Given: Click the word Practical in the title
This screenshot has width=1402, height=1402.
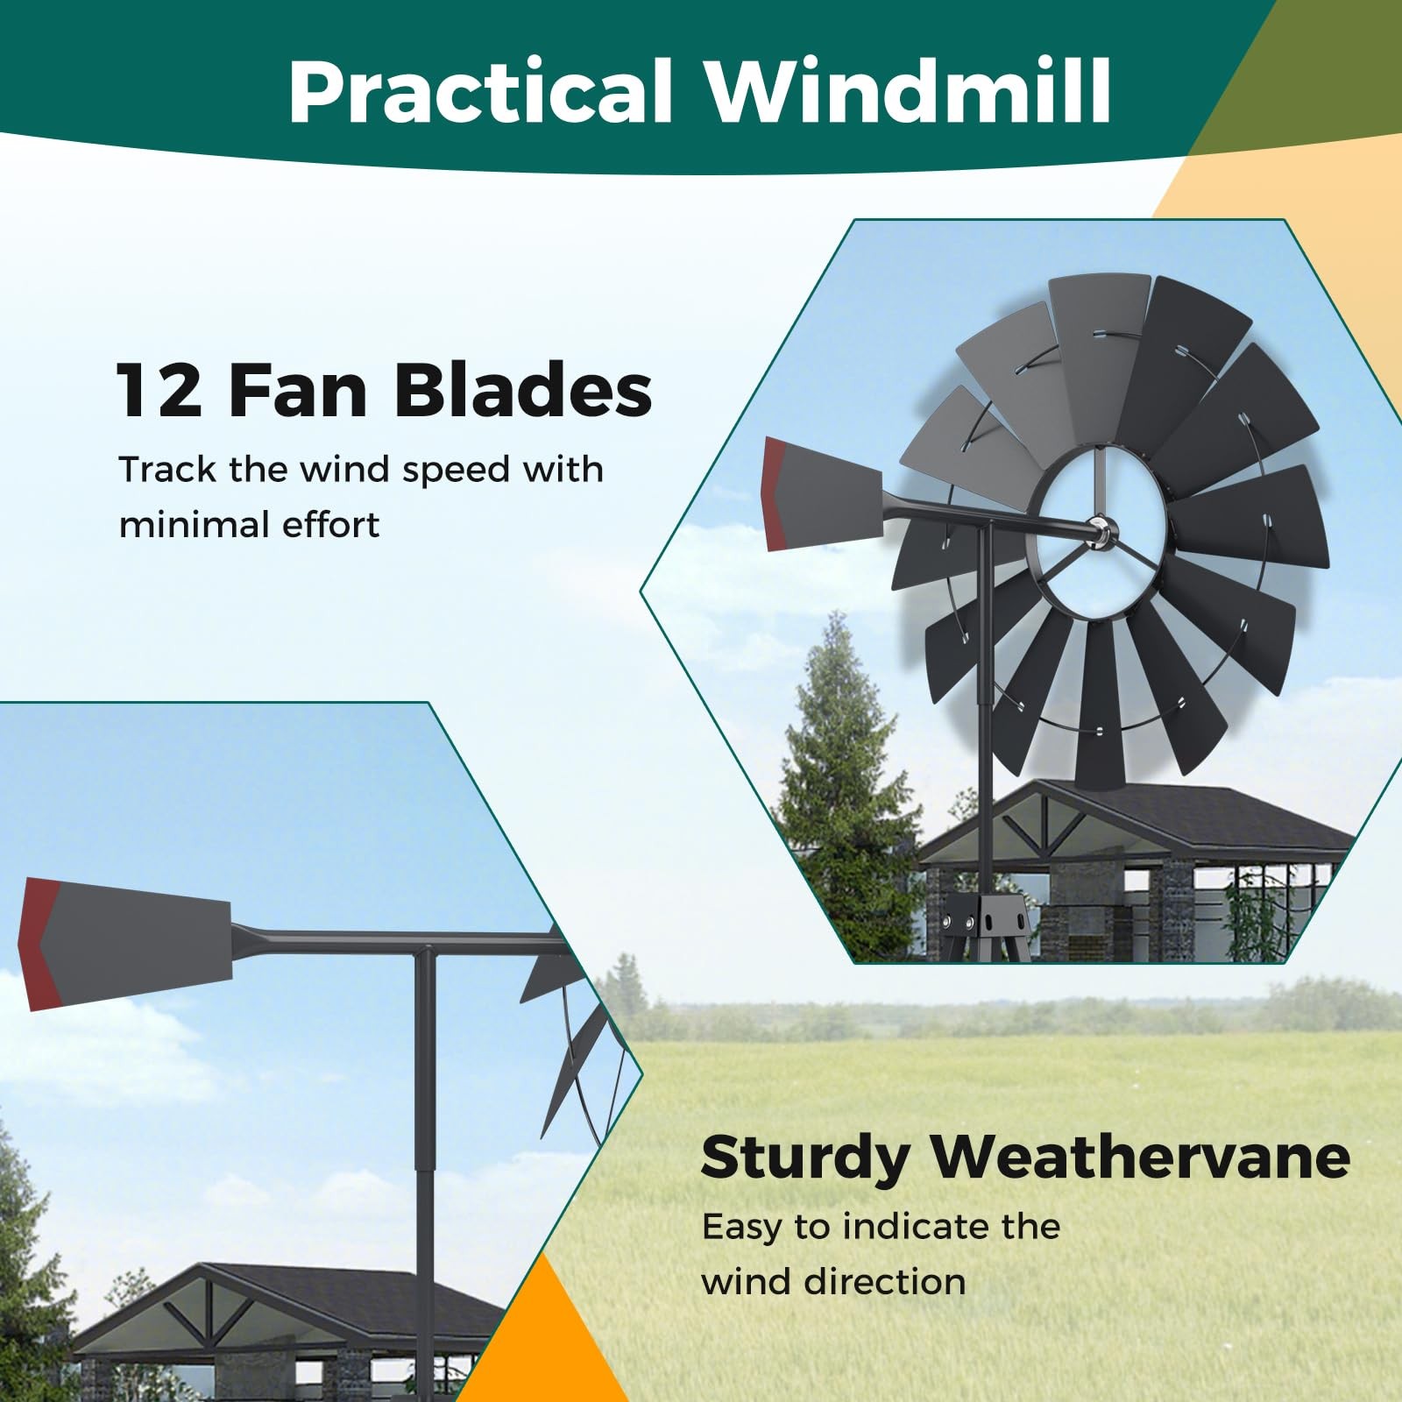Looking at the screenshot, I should tap(480, 92).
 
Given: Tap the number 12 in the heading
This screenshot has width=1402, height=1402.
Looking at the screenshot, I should tap(159, 390).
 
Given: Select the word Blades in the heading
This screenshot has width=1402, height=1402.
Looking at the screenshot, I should tap(523, 390).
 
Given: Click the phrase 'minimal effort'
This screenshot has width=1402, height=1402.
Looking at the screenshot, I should tap(249, 526).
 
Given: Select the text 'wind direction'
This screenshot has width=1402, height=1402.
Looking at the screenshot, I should tap(833, 1282).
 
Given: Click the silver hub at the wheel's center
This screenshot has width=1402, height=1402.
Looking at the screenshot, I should tap(1099, 530).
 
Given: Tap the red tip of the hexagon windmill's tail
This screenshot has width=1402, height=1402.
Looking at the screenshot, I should tap(775, 495).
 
